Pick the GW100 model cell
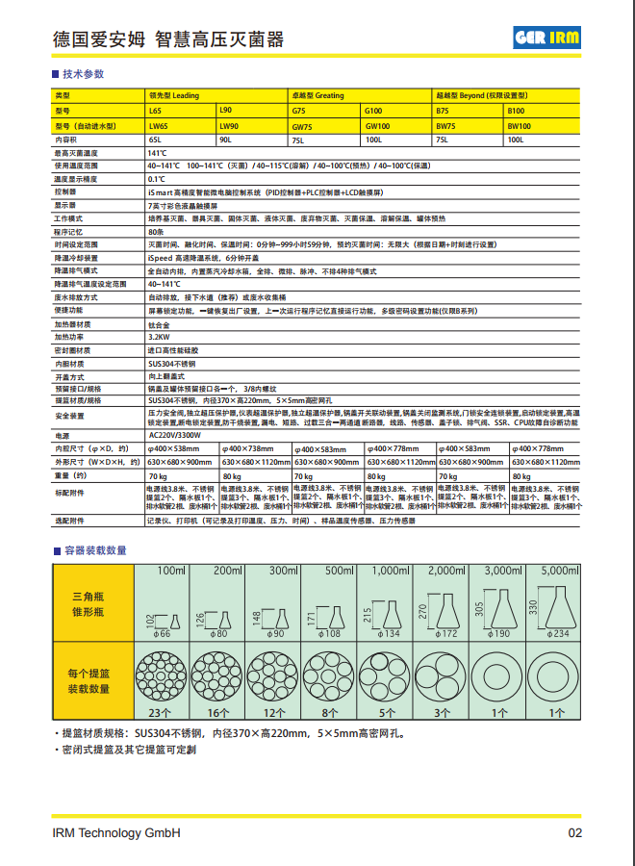point(377,126)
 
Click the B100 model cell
point(517,112)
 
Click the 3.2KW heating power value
point(159,337)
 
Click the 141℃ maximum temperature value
point(157,153)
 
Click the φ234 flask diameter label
point(558,634)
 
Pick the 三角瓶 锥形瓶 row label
point(87,605)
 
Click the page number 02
point(574,833)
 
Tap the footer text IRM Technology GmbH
point(116,833)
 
